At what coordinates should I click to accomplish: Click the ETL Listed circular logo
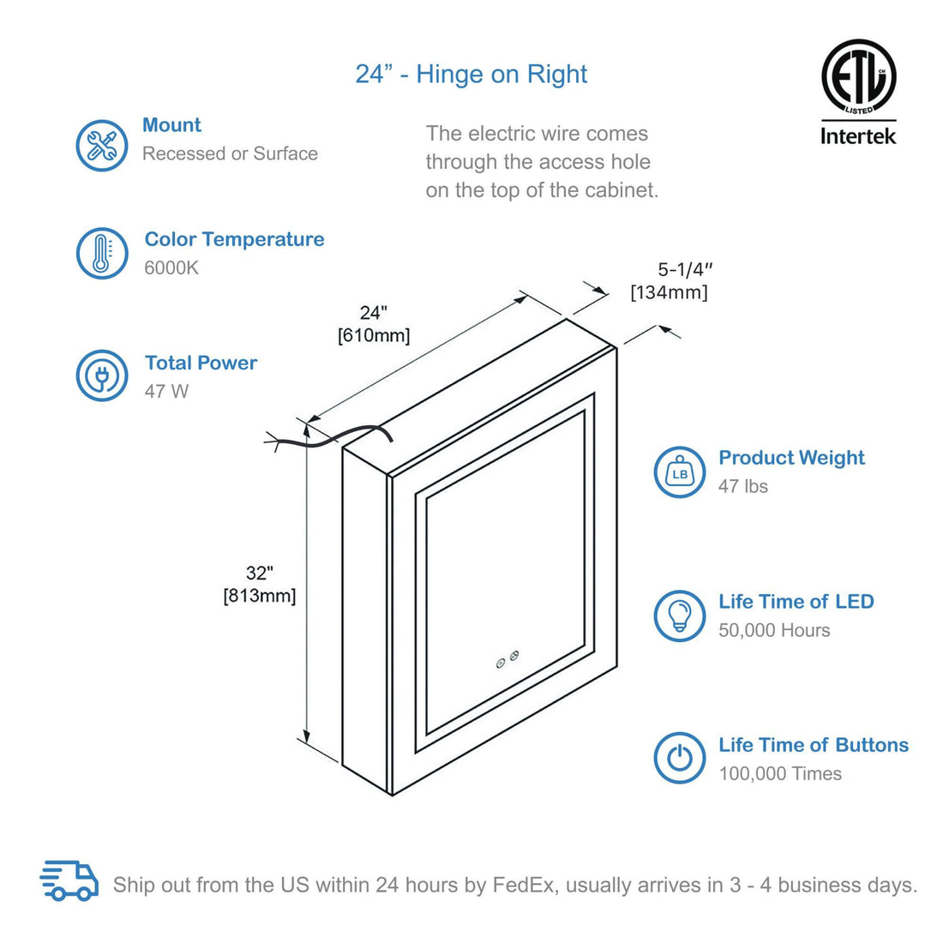(858, 76)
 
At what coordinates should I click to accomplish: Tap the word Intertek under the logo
(858, 135)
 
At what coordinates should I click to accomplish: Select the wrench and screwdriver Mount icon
(102, 145)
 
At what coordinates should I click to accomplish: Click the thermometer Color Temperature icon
(102, 253)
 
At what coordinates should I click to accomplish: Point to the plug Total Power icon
(102, 375)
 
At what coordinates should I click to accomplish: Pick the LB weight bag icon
(680, 472)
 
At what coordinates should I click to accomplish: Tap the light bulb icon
(680, 615)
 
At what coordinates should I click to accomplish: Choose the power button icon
(680, 758)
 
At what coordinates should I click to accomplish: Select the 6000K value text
(171, 267)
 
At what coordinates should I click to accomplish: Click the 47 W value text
(166, 391)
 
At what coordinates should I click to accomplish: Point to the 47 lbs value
(743, 486)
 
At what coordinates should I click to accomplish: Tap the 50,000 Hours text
(774, 630)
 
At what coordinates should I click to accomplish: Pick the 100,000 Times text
(780, 773)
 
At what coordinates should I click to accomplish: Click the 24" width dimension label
(374, 313)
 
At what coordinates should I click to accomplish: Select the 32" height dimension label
(259, 574)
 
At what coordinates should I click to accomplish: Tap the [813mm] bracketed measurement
(259, 595)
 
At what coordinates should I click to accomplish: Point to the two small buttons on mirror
(507, 658)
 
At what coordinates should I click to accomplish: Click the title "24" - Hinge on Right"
(471, 75)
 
